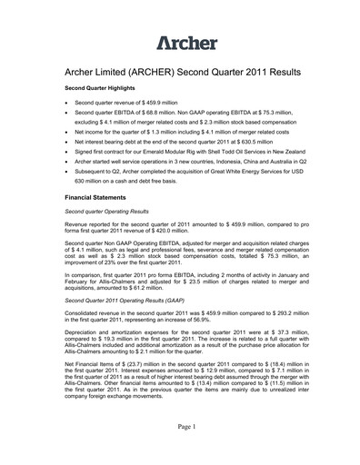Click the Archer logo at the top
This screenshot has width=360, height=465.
tap(186, 43)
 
